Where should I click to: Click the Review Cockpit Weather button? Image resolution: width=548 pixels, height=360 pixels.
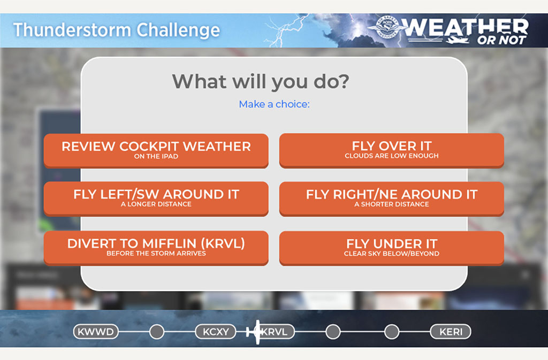pos(156,150)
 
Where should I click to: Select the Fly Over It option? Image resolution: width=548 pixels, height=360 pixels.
pos(391,150)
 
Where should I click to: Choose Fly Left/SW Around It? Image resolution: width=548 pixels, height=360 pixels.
pos(156,198)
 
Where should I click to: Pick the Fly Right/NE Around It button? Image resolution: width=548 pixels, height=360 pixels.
pos(391,198)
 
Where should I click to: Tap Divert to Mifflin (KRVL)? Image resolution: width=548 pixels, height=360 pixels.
pos(156,248)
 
